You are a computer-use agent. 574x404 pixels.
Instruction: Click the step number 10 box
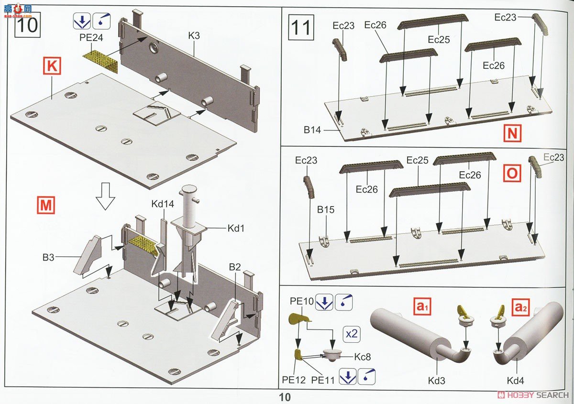27,24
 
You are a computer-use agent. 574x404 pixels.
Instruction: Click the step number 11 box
301,27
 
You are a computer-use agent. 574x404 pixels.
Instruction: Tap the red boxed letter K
52,66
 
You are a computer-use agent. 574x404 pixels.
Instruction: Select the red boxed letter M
46,205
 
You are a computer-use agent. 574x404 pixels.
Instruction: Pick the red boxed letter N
512,133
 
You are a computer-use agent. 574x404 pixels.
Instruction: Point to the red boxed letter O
512,174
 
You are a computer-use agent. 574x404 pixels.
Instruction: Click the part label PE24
91,38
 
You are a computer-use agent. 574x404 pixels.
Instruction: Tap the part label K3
194,35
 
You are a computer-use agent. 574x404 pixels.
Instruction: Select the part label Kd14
163,204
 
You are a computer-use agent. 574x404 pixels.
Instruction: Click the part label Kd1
236,228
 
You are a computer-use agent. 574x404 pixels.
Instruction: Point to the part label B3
48,257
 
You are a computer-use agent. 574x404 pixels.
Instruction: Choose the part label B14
312,130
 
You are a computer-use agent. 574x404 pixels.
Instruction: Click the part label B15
326,209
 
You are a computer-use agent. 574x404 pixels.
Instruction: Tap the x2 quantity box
352,334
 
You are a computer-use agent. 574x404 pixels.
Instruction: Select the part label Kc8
363,357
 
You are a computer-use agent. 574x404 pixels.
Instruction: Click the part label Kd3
437,381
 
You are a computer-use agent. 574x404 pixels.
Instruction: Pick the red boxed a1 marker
422,306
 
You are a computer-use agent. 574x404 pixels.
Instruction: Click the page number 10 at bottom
285,397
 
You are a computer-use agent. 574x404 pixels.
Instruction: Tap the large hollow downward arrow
105,196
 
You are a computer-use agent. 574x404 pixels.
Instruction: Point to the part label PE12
294,380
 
